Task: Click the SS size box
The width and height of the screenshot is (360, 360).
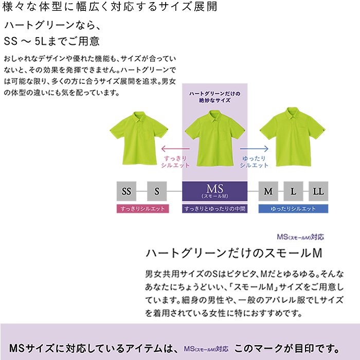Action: click(126, 192)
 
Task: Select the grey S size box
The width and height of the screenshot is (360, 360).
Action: click(157, 192)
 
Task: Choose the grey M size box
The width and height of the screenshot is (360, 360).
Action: click(268, 192)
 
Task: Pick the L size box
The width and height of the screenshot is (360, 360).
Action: click(293, 192)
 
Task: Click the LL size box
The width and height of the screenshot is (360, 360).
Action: click(318, 192)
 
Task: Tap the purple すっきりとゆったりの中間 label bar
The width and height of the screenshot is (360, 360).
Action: click(215, 209)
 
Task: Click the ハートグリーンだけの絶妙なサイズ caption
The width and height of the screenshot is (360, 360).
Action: click(215, 97)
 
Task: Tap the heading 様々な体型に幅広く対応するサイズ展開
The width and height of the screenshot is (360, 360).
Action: click(110, 7)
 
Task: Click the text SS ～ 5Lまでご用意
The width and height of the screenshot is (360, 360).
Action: click(52, 41)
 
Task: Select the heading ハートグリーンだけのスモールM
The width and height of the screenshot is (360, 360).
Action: click(234, 253)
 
